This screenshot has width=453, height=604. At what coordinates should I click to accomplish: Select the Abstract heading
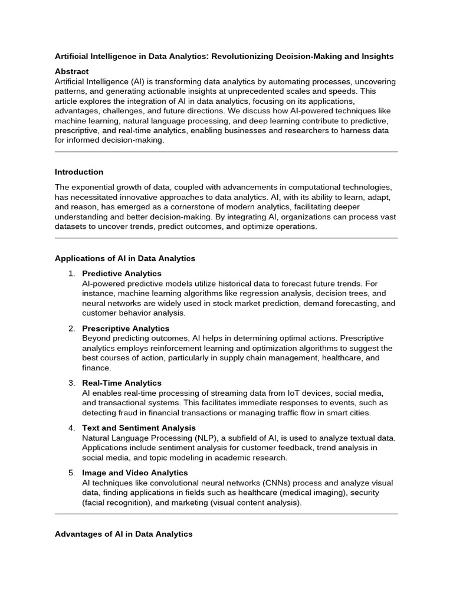tap(71, 71)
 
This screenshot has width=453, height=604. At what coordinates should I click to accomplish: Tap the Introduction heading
tap(79, 172)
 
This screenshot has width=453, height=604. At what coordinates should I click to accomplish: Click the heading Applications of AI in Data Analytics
tap(125, 258)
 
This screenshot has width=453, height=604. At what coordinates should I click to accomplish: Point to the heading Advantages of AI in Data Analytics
tap(124, 534)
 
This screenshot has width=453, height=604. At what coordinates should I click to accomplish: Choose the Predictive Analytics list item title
tap(122, 274)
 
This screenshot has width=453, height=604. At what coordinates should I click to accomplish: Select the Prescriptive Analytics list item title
tap(126, 329)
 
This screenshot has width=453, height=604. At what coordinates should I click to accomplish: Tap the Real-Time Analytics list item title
tap(122, 383)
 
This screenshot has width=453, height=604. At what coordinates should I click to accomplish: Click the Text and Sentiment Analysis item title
tap(139, 428)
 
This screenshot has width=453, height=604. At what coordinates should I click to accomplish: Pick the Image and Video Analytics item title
tap(135, 473)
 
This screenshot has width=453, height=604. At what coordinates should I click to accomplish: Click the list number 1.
tap(71, 274)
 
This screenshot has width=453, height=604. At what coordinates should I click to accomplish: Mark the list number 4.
tap(71, 428)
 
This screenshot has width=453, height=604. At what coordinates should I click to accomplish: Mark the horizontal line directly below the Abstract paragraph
tap(226, 152)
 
